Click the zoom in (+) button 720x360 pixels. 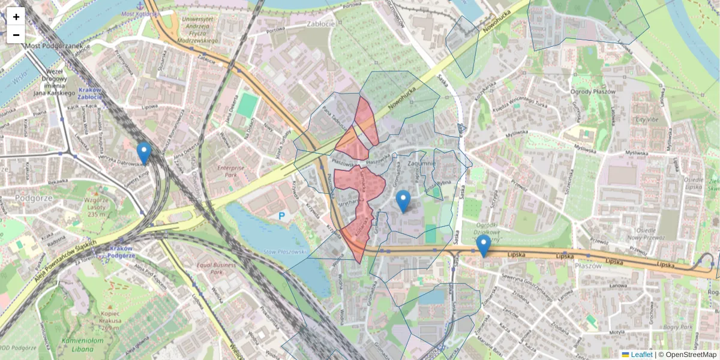point(16,17)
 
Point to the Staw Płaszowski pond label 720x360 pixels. point(286,251)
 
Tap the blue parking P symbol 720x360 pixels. point(281,215)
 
